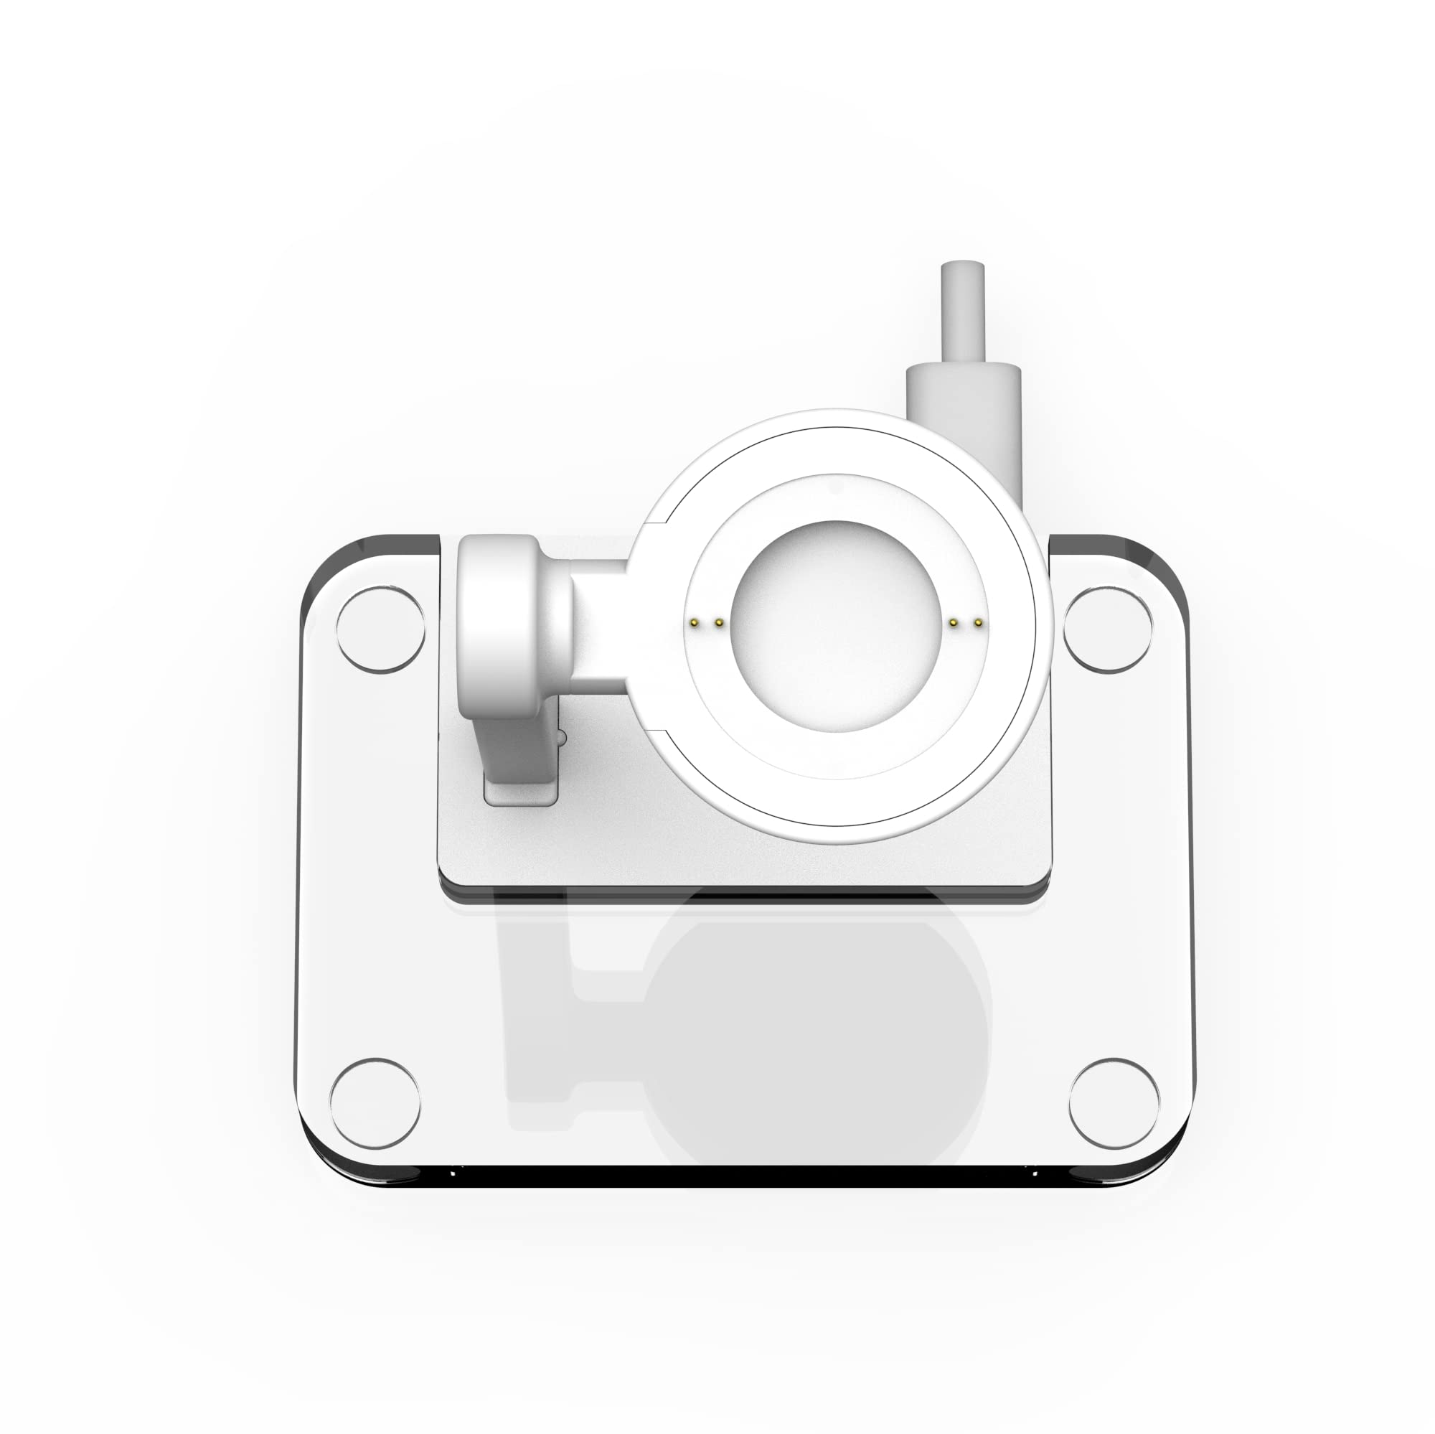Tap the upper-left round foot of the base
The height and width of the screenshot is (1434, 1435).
tap(381, 629)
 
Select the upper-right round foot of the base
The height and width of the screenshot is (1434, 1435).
tap(1107, 629)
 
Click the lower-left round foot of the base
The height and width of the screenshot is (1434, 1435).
tap(375, 1102)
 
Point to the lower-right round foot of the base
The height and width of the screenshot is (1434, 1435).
tap(1114, 1102)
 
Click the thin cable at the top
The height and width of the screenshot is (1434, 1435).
tap(964, 312)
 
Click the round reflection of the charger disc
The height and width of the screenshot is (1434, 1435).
tap(817, 1040)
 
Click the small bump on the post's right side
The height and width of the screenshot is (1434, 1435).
tap(562, 738)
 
